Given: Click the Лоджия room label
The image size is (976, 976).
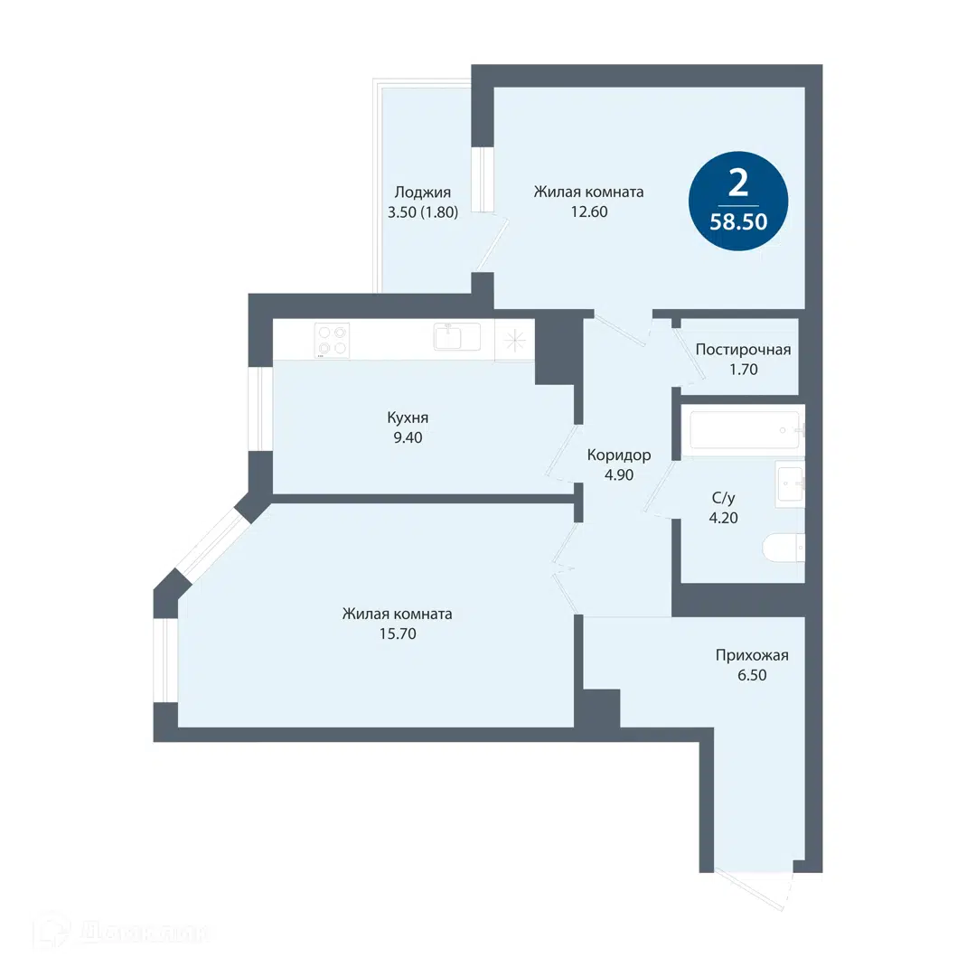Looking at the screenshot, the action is (x=423, y=192).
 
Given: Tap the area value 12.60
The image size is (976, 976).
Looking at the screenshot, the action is (x=589, y=211).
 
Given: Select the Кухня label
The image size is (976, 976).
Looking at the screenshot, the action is (x=408, y=418).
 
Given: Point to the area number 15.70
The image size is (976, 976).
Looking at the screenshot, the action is (x=398, y=633).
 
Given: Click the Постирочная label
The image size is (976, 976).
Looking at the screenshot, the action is (x=743, y=350).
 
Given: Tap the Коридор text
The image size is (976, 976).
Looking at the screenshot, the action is (x=619, y=455).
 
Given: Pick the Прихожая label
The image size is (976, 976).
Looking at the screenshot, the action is (x=752, y=655).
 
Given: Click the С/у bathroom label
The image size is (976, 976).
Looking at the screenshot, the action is (x=723, y=497).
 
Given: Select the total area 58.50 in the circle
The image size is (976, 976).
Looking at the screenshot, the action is (x=738, y=221).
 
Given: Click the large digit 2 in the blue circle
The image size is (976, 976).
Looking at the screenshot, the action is (x=738, y=183).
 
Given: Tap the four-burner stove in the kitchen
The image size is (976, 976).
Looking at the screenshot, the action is (x=332, y=341).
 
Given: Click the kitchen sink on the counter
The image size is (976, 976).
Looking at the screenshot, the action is (x=457, y=337).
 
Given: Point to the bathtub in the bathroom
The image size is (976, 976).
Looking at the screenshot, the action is (x=745, y=429).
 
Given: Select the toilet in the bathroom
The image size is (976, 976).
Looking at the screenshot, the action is (x=784, y=547).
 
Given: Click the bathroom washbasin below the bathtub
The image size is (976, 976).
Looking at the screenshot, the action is (x=790, y=483).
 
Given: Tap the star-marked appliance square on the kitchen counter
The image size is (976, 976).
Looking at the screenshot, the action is (x=514, y=340).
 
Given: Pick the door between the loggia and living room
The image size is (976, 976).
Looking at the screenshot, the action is (x=493, y=244).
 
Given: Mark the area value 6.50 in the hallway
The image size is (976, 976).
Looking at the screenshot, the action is (x=752, y=675).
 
